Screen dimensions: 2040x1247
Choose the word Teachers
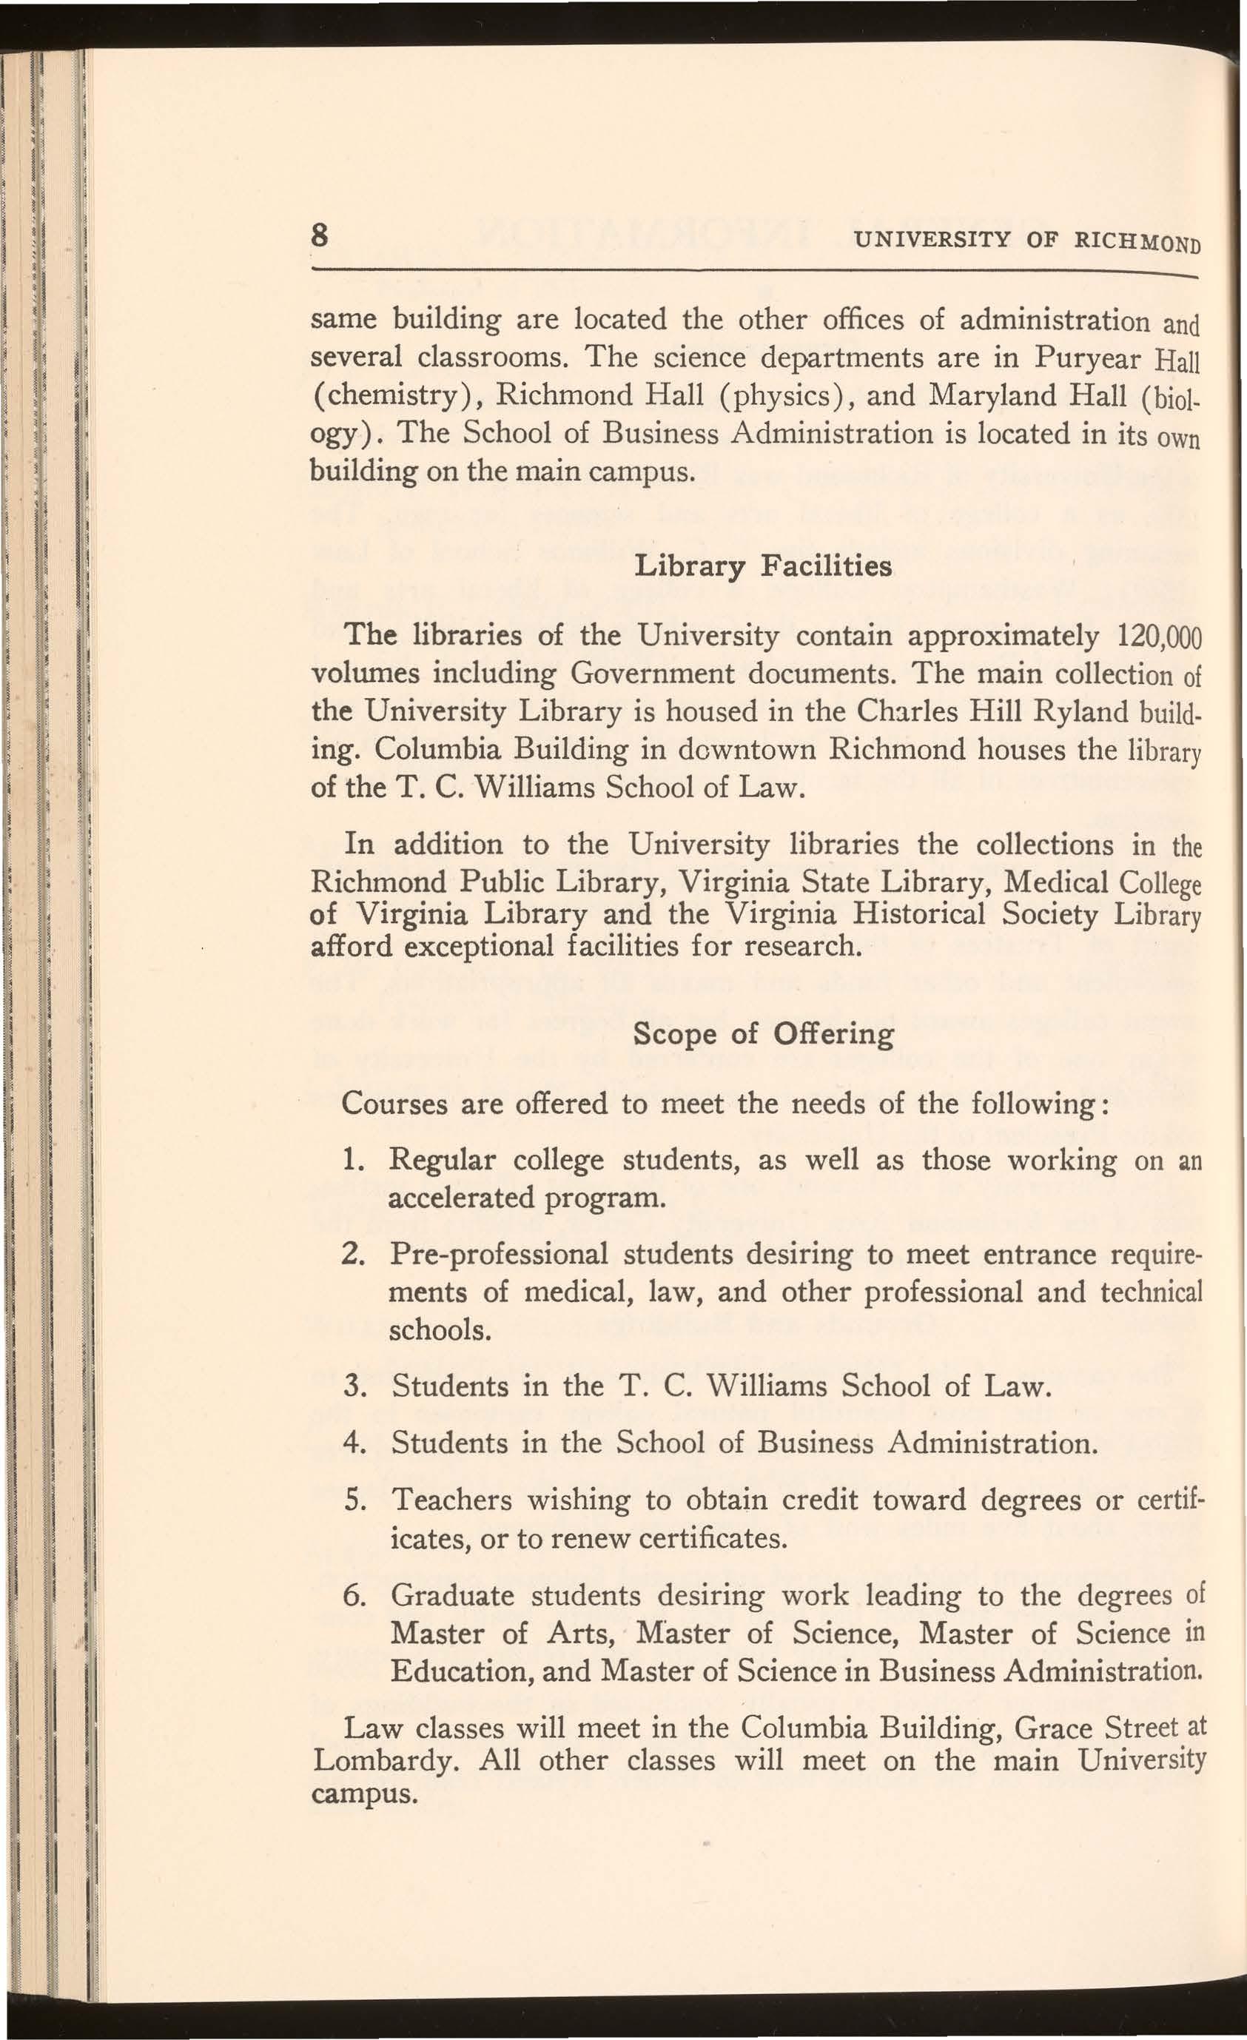coord(452,1500)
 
